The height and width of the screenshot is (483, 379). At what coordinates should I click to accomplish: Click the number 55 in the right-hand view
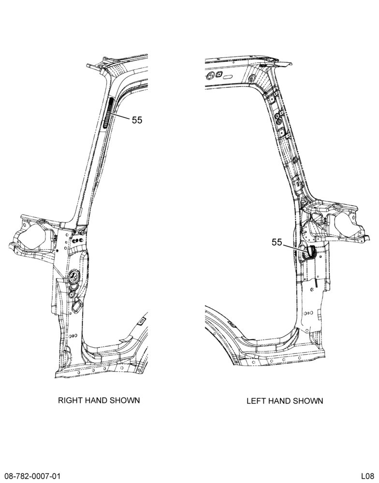tap(137, 120)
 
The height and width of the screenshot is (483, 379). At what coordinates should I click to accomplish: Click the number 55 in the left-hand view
tap(277, 242)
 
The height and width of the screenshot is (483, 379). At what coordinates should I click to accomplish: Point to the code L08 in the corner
tap(368, 476)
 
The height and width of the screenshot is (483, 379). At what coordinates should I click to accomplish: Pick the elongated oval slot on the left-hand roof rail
tap(230, 77)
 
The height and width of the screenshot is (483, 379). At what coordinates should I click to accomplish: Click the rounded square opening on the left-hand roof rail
tap(219, 74)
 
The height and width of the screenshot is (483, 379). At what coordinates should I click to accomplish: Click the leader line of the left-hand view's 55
tap(295, 248)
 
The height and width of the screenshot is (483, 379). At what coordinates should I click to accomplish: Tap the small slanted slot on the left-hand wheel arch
tap(231, 324)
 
